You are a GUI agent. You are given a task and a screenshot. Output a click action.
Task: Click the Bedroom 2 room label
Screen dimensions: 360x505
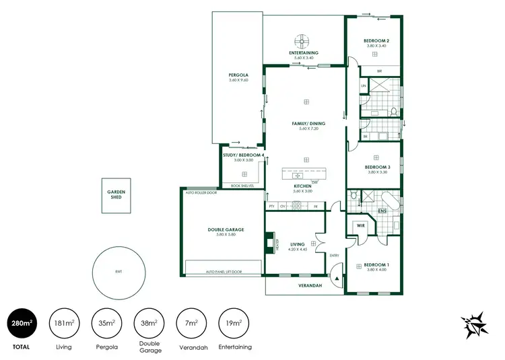(x=376, y=41)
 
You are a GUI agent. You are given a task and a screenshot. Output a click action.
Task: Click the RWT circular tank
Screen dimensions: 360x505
(x=119, y=272)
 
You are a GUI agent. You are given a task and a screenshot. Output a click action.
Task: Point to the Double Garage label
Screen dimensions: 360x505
(x=225, y=229)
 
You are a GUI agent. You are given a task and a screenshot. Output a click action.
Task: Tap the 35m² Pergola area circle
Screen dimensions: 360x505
(x=108, y=324)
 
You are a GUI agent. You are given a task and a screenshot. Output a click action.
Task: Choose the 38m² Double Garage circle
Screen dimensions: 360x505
(x=149, y=324)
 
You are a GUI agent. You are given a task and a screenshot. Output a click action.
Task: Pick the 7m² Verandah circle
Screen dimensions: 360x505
(x=192, y=324)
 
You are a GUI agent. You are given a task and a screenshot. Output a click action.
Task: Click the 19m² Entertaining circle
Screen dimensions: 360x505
(x=234, y=324)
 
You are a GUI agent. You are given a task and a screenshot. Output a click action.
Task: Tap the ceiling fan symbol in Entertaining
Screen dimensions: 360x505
(x=304, y=39)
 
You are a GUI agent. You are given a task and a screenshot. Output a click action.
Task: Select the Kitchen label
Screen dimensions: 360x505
(x=302, y=186)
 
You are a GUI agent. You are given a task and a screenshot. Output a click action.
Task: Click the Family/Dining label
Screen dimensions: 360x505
(x=308, y=124)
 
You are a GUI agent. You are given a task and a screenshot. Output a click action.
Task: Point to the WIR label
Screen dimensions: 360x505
(x=360, y=225)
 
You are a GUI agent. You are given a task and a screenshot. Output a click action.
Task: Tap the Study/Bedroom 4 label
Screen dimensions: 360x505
(x=238, y=155)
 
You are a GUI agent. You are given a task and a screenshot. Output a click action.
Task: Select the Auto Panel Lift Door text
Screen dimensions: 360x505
(x=223, y=272)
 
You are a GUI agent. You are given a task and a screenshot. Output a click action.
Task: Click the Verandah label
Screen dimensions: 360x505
(x=310, y=286)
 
